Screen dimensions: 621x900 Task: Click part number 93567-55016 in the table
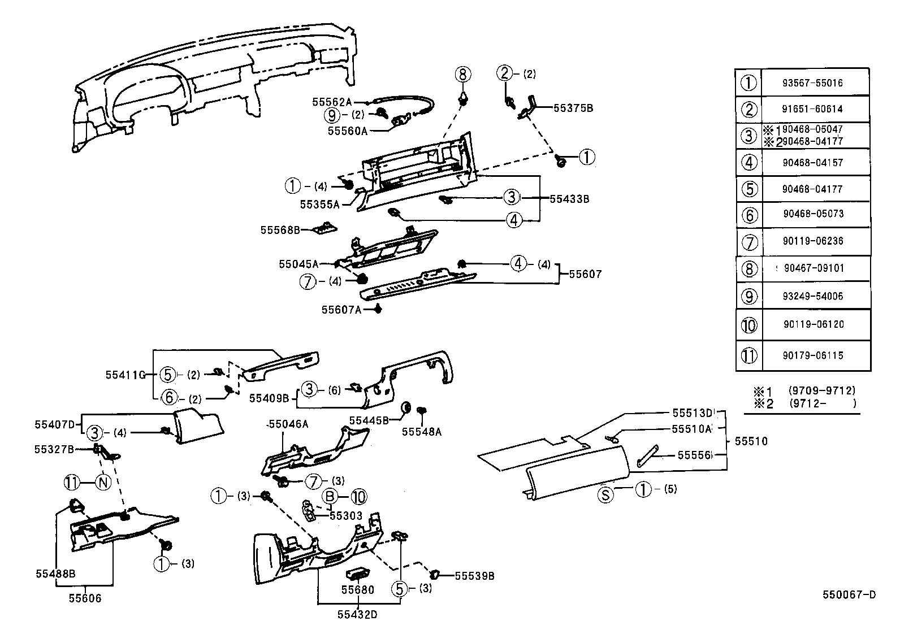coord(812,83)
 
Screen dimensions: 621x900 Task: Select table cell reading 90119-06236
coord(813,241)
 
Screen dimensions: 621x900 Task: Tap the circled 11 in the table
coord(748,356)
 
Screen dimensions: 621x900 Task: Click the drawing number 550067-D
coord(849,594)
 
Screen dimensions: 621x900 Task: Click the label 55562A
coord(332,102)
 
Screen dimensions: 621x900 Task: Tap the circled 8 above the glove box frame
coord(462,73)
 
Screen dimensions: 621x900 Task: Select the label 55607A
coord(341,310)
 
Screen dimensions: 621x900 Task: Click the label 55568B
coord(279,230)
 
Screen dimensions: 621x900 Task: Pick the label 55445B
coord(369,420)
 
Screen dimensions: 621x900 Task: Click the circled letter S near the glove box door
coord(605,496)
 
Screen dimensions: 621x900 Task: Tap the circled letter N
coord(103,483)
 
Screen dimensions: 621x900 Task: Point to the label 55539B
coord(474,576)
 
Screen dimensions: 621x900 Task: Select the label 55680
coord(357,590)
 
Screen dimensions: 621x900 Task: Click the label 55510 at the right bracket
coord(751,441)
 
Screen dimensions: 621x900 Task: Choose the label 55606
coord(85,598)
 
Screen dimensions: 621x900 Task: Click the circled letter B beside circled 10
coord(330,497)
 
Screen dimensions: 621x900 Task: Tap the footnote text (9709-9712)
coord(821,390)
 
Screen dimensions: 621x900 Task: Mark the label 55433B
coord(569,199)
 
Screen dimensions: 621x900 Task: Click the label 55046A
coord(288,424)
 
